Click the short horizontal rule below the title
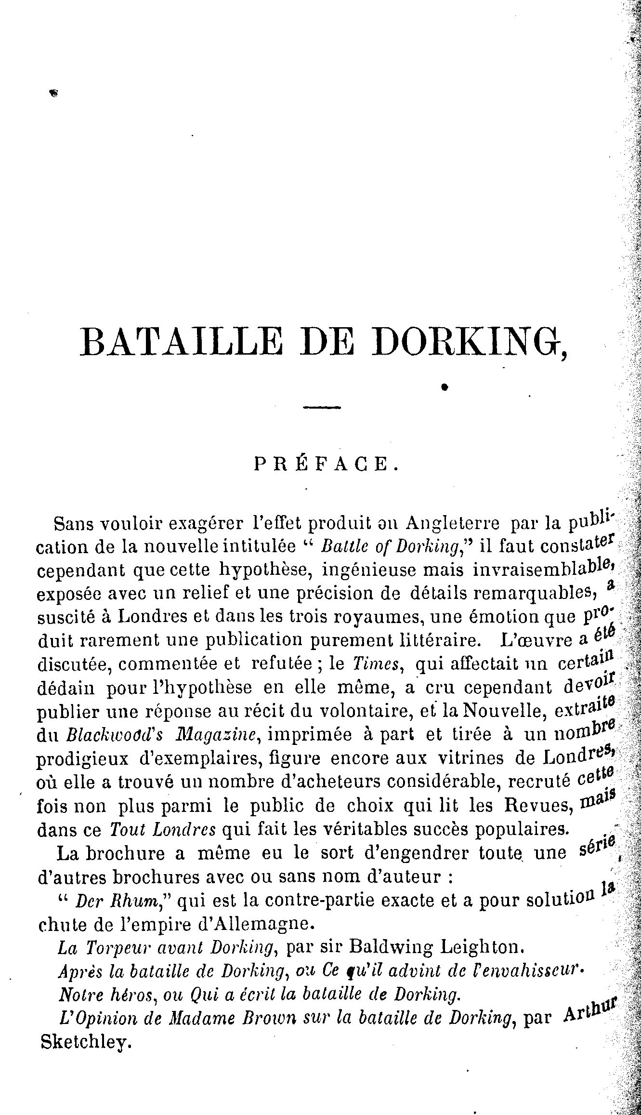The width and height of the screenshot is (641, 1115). coord(321,408)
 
